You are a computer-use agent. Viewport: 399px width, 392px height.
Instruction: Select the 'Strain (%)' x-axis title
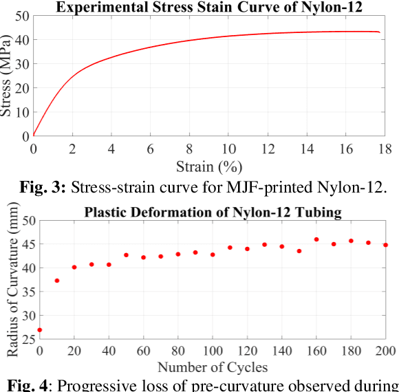209,166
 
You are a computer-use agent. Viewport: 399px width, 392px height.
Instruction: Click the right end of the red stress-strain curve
379,32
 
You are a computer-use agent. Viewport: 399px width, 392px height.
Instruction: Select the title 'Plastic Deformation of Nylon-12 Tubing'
213,213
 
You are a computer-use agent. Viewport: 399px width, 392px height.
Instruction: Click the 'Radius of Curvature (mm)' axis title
12,282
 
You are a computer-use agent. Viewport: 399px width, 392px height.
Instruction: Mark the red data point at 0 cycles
39,330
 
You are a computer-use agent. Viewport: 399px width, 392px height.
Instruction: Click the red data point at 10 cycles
57,281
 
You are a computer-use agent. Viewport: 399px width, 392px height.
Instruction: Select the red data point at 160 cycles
316,239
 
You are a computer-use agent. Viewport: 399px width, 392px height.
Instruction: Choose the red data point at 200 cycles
385,245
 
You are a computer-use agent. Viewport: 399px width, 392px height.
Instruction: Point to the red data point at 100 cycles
213,254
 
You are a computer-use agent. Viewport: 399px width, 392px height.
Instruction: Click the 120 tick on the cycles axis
247,350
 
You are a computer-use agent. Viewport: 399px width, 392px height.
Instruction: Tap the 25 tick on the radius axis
26,338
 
